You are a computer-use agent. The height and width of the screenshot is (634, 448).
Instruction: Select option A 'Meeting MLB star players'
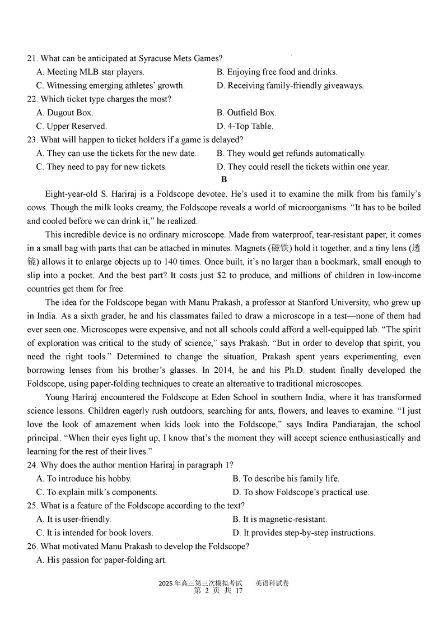[x=90, y=72]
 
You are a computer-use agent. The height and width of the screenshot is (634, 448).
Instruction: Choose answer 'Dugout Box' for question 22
[x=62, y=113]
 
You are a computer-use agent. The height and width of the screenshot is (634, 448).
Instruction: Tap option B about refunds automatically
[x=291, y=153]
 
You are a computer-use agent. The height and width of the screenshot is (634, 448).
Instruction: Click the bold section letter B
[x=224, y=179]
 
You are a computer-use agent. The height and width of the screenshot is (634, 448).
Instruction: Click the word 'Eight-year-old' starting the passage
[x=54, y=194]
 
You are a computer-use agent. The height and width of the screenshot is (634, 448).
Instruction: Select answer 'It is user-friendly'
[x=73, y=519]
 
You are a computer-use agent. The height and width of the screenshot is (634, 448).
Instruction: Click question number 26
[x=32, y=546]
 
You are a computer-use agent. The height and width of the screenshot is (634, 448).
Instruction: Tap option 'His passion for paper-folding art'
[x=101, y=559]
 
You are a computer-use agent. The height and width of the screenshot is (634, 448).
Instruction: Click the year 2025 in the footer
[x=166, y=583]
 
